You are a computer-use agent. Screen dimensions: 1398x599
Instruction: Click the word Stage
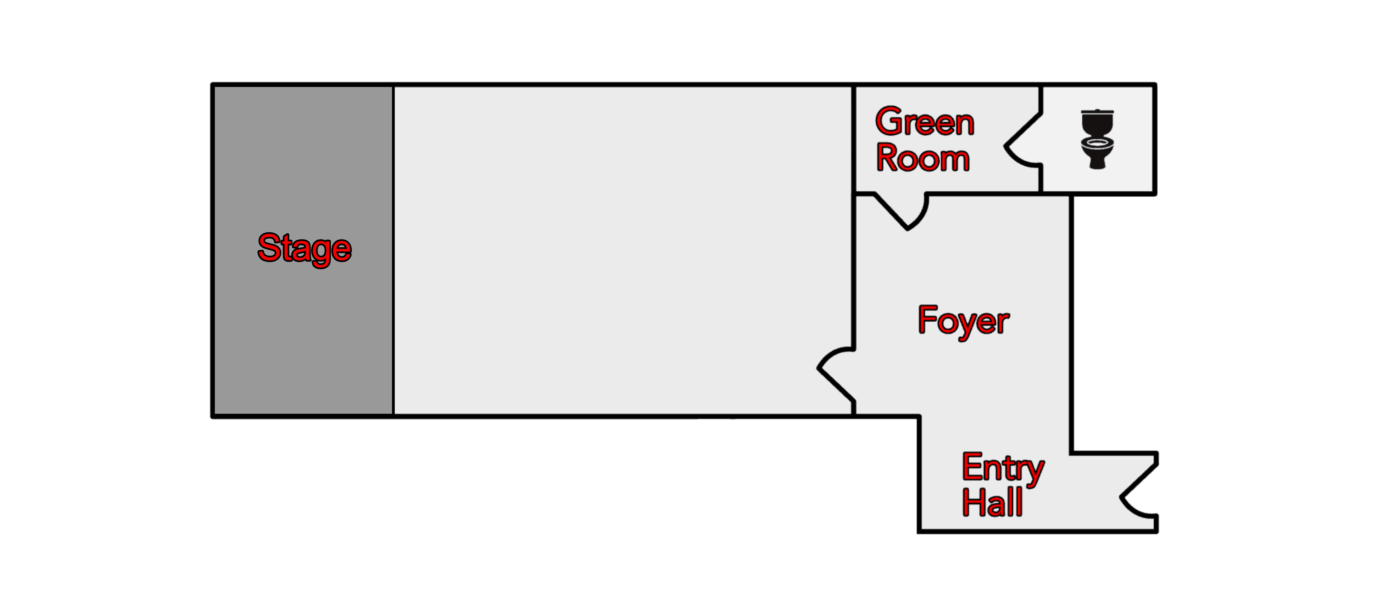305,249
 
